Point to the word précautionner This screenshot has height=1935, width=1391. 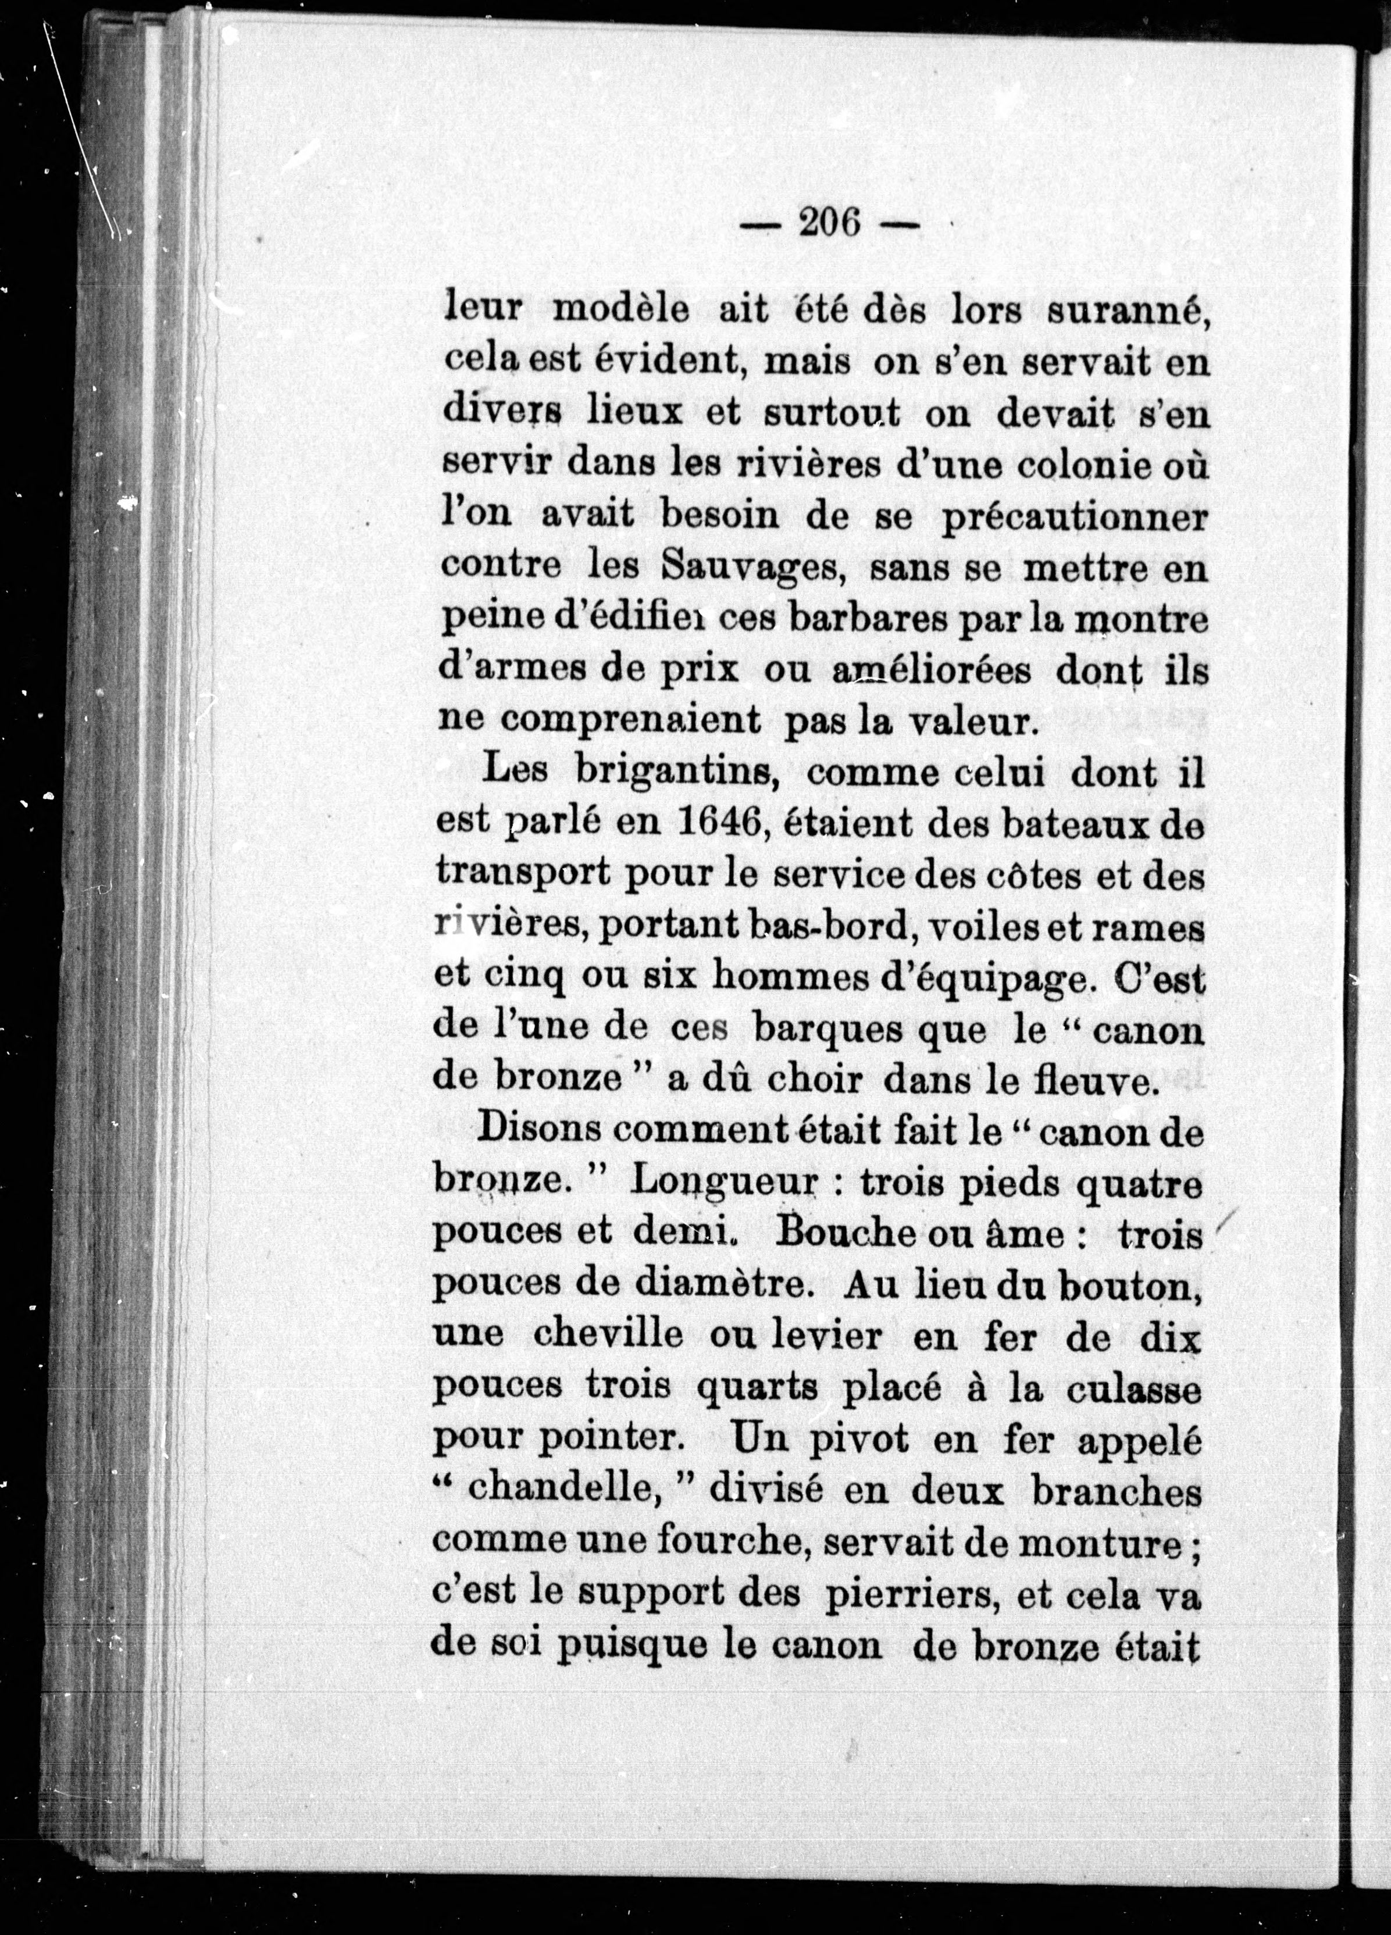[x=1073, y=518]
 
